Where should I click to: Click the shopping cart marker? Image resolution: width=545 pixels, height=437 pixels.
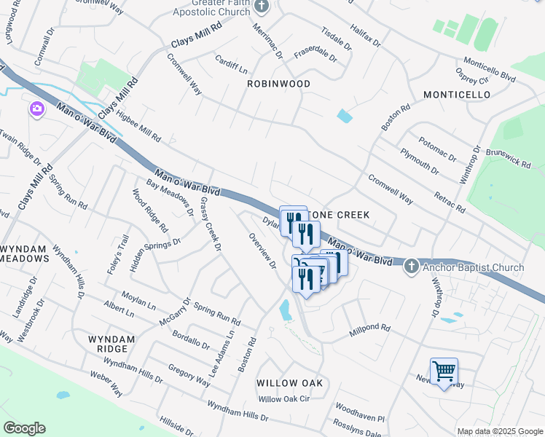pos(444,371)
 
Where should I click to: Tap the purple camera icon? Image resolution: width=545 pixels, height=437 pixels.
pos(36,109)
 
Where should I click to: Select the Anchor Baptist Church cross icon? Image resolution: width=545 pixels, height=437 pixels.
pos(411,267)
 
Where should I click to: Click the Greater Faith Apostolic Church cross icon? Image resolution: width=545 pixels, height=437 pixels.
pos(263,7)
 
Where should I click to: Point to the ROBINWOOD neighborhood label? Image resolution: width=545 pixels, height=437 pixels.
pos(278,84)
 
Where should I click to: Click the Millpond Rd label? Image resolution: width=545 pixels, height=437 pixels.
pos(369,328)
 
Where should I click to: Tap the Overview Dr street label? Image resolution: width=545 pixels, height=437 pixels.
pos(262,251)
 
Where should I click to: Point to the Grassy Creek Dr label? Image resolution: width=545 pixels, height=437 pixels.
pos(210,224)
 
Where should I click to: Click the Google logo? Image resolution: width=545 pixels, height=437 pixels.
pos(24,428)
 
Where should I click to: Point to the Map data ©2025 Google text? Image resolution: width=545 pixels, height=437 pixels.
pos(499,431)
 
